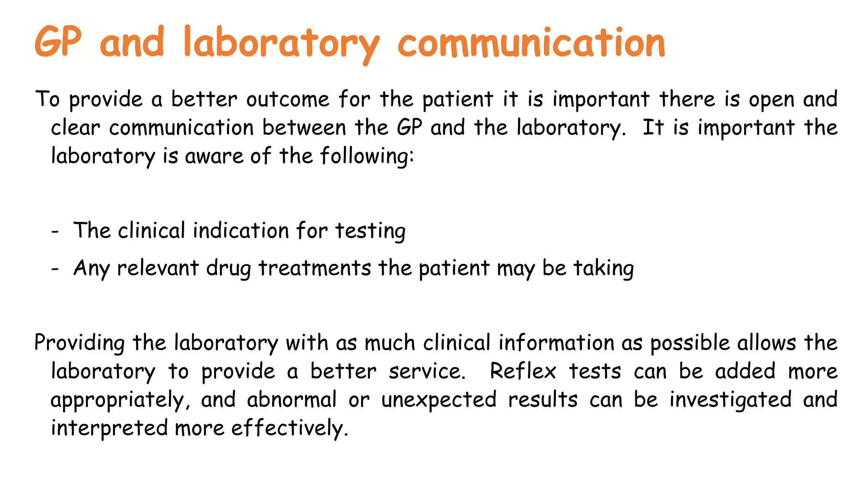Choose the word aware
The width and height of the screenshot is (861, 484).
tap(214, 156)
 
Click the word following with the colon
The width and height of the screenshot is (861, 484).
tap(367, 156)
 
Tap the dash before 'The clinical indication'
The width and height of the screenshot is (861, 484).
tap(55, 231)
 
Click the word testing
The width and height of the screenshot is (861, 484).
tap(370, 231)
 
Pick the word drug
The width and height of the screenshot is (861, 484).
tap(228, 269)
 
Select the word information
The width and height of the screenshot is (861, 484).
tap(557, 343)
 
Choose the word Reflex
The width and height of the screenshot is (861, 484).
tap(523, 371)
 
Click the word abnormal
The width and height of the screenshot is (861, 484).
tap(292, 399)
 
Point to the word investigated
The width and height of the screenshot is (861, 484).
tap(731, 400)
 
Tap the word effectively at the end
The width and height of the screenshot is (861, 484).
tap(289, 428)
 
